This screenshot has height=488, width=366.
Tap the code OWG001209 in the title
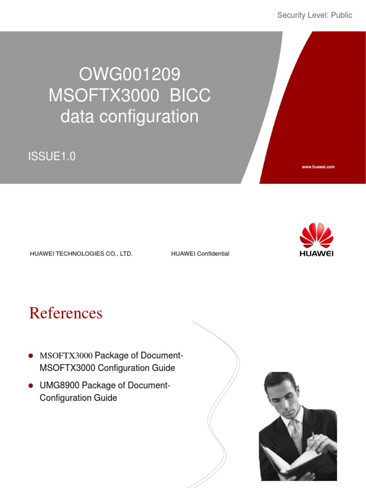point(130,75)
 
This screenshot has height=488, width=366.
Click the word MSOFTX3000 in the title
point(104,96)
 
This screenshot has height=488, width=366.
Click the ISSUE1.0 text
point(52,156)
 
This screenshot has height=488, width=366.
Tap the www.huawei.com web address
point(318,167)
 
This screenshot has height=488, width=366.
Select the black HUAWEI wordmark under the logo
point(316,254)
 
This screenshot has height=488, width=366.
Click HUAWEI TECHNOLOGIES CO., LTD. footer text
point(81,254)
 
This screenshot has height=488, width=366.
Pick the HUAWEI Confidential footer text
point(200,254)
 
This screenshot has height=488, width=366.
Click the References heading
point(66,313)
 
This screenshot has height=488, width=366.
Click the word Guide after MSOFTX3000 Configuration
point(164,368)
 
